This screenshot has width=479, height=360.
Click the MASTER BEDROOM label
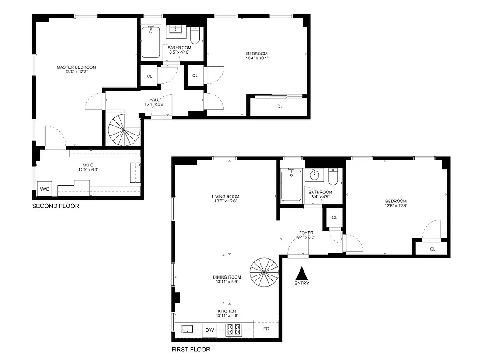coord(76,67)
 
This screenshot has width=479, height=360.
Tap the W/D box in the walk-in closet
coord(45,189)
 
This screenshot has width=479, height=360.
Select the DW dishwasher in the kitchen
coord(209,330)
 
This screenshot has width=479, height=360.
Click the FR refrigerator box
coord(266,329)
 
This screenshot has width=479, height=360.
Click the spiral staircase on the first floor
coord(264,271)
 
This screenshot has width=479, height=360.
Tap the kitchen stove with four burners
coord(233,330)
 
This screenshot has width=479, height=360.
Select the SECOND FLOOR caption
coord(55,206)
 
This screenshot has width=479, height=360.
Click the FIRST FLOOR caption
coord(191,349)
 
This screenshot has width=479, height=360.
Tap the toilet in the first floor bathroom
coord(333,177)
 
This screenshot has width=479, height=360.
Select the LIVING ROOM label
coord(225,196)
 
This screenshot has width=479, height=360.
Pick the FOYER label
coord(306,233)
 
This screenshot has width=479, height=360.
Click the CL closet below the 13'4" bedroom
coord(280,107)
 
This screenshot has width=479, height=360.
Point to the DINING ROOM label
coord(227,277)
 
